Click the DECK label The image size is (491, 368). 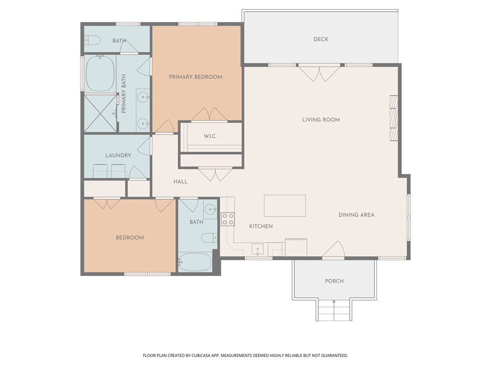(321, 39)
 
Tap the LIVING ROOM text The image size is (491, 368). (321, 120)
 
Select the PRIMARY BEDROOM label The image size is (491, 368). (195, 77)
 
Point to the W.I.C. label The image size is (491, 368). (210, 137)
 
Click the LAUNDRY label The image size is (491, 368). (118, 155)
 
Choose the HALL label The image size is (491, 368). (180, 182)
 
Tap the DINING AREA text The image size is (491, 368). (356, 215)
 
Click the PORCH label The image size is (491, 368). (334, 281)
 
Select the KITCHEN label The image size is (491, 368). (261, 226)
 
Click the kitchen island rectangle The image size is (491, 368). (285, 206)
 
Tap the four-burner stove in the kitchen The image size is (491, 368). (227, 219)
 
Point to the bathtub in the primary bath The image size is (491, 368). (100, 74)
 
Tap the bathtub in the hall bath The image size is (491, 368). (195, 262)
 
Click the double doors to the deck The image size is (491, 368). (319, 73)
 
